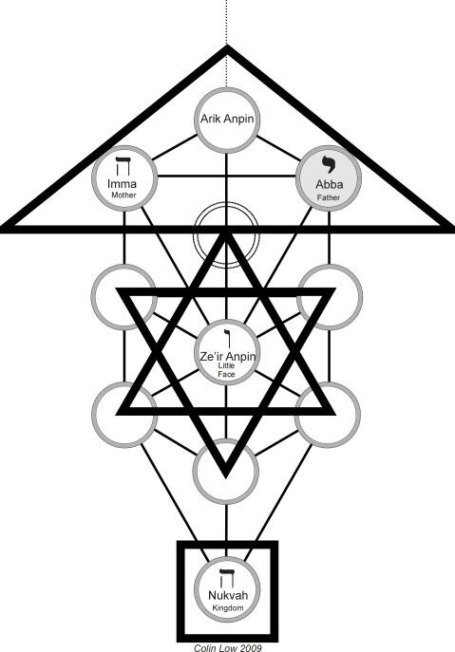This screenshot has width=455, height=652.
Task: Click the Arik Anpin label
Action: (227, 119)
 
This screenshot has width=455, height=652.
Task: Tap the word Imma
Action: (122, 184)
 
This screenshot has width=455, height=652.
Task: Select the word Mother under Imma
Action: (123, 195)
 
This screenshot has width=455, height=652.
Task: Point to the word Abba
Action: (329, 184)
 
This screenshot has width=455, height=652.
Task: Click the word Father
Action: (329, 197)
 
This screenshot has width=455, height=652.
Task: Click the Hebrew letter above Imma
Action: (123, 166)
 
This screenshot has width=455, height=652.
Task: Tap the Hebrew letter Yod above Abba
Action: (329, 164)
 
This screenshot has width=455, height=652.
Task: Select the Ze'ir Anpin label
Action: (227, 356)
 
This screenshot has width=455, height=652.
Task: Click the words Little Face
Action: (226, 370)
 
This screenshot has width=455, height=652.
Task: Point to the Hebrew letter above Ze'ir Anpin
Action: (227, 338)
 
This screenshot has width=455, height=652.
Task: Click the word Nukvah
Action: (228, 595)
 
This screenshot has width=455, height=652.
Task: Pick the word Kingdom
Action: (228, 607)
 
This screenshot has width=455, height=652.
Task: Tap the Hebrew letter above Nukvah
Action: (227, 578)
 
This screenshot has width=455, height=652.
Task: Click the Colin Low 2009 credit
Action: (228, 647)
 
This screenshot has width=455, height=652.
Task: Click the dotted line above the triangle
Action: (226, 22)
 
